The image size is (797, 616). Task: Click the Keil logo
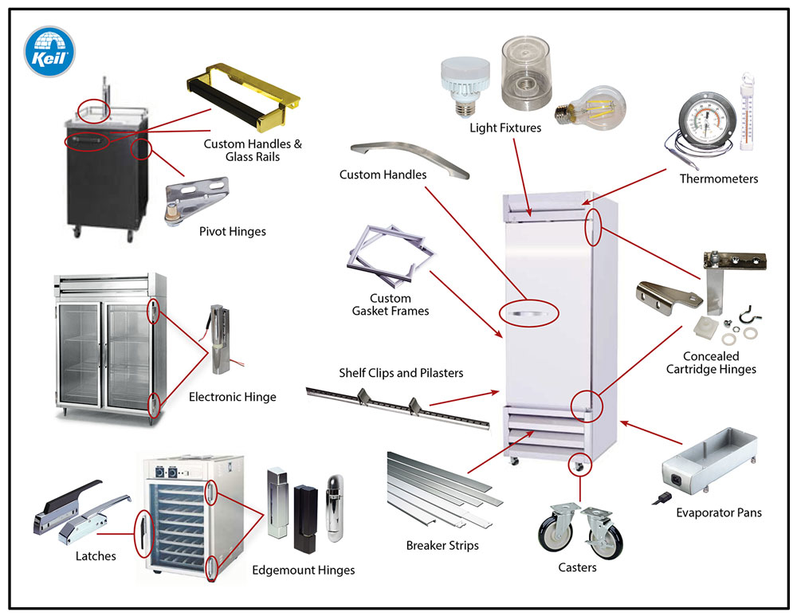(x=49, y=52)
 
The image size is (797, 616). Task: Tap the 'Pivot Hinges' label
(x=232, y=232)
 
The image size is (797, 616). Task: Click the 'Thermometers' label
(x=718, y=179)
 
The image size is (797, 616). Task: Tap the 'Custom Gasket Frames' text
(x=391, y=304)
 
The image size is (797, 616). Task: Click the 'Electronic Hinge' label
(x=233, y=397)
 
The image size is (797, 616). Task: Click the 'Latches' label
(x=96, y=556)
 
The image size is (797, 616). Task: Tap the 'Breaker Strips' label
(x=443, y=546)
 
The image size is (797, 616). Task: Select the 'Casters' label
(x=577, y=567)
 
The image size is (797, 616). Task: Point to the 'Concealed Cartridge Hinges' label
(x=711, y=363)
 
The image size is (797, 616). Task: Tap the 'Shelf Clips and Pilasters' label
(x=401, y=373)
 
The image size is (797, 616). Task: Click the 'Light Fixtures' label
(x=505, y=128)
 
